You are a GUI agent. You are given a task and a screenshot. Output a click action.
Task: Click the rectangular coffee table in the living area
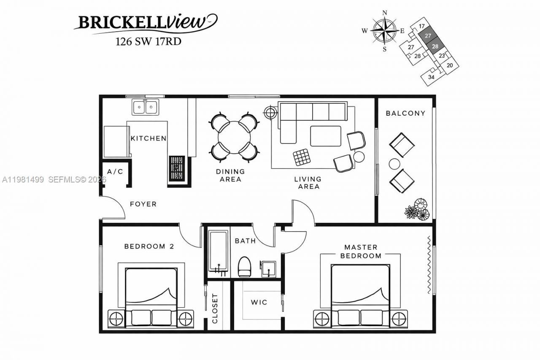(x=326, y=136)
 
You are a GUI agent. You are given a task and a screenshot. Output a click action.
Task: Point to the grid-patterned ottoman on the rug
(x=302, y=157)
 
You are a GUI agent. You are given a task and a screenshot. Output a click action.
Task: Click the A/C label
(x=115, y=172)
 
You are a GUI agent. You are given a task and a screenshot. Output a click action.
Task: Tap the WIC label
(x=259, y=303)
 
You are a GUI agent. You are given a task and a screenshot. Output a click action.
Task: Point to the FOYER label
(x=143, y=204)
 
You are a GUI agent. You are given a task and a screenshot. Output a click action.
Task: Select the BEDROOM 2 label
(x=149, y=246)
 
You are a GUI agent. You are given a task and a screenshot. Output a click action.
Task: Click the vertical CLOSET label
(x=215, y=309)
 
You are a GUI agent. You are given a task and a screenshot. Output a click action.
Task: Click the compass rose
(x=385, y=30)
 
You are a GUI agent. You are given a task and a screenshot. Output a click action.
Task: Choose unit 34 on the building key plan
(x=431, y=77)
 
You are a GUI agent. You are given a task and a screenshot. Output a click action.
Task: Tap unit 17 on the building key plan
(x=421, y=26)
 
